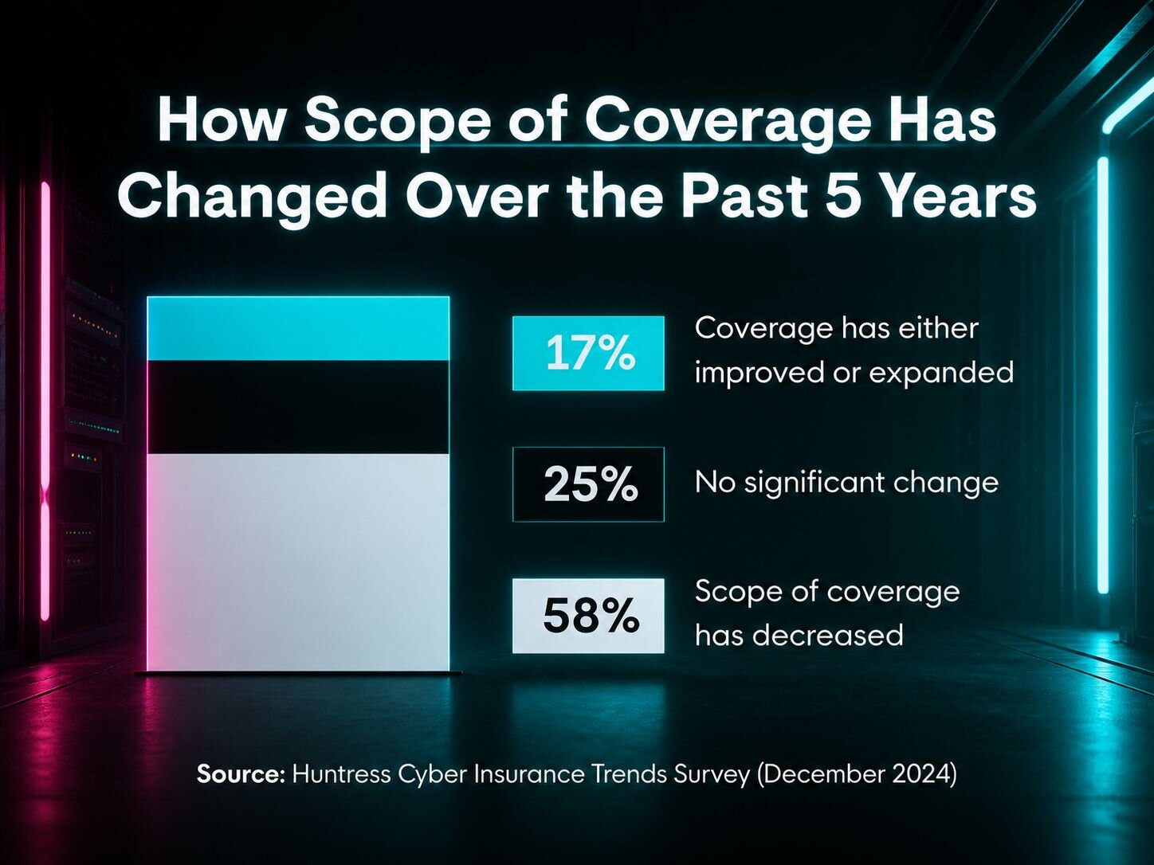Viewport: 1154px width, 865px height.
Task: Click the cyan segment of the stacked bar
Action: [x=298, y=329]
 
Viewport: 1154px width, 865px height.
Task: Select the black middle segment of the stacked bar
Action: [x=298, y=408]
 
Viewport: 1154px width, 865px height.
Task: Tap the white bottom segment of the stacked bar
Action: [x=298, y=562]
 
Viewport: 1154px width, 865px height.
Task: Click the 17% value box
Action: [x=588, y=354]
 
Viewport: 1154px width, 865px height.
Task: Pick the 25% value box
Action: [x=588, y=484]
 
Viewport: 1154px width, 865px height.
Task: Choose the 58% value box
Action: [x=588, y=616]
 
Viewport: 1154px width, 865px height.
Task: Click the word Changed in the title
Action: [x=253, y=200]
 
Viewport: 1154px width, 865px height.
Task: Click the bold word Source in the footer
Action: [x=240, y=775]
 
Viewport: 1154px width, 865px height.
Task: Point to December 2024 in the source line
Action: [x=857, y=775]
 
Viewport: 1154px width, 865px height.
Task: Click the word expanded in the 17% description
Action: [x=941, y=374]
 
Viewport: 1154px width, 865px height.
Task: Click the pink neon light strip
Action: [x=45, y=401]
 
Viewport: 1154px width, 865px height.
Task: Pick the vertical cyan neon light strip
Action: [x=1103, y=375]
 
